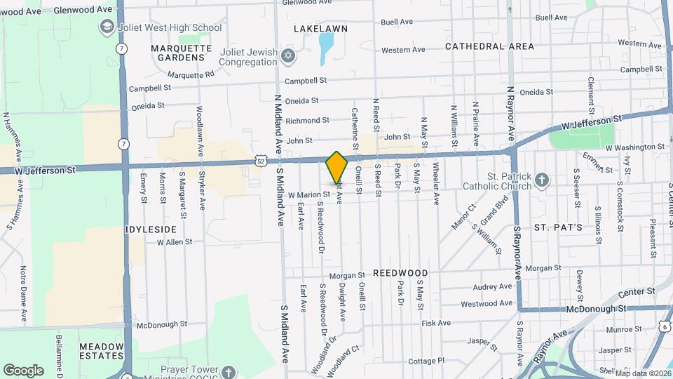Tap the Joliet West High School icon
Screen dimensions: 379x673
tap(107, 27)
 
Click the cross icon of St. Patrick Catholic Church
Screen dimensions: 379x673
tap(541, 180)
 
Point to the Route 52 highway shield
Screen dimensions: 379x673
tap(261, 161)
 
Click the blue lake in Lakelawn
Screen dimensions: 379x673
tap(326, 48)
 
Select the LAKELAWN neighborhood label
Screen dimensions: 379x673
tap(320, 29)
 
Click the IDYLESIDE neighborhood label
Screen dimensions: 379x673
tap(151, 230)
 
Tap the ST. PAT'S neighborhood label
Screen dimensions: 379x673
tap(558, 227)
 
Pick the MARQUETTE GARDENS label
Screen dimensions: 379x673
tap(181, 53)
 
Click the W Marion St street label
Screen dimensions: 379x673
tap(308, 195)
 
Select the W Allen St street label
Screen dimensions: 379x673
tap(175, 242)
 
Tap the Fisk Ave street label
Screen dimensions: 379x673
tap(436, 323)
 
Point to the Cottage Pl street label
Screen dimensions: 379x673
tap(426, 361)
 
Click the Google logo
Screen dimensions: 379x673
tap(23, 370)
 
